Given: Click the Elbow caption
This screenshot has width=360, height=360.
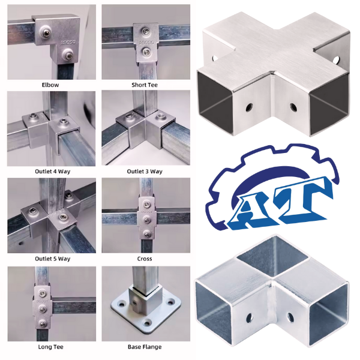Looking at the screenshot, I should pyautogui.click(x=51, y=85).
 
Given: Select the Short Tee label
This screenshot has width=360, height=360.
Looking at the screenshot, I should pyautogui.click(x=145, y=85).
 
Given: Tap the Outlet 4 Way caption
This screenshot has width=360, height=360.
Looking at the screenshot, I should pyautogui.click(x=51, y=172).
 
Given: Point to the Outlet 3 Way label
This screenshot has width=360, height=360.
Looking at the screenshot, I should pyautogui.click(x=145, y=172).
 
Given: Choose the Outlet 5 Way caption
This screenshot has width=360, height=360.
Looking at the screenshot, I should pyautogui.click(x=51, y=259).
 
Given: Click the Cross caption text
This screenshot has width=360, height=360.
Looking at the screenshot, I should pyautogui.click(x=145, y=259).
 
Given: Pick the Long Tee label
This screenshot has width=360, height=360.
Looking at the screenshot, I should pyautogui.click(x=51, y=346).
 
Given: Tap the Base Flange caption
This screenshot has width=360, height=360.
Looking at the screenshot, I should pyautogui.click(x=145, y=346).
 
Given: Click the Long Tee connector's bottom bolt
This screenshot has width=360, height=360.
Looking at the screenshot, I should pyautogui.click(x=40, y=323).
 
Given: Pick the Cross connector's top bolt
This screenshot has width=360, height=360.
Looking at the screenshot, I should pyautogui.click(x=146, y=202).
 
